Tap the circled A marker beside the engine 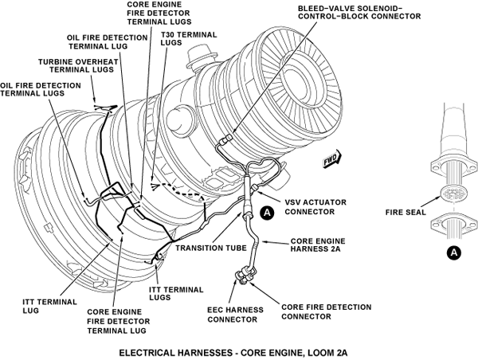point(268,212)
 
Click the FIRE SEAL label point(404,213)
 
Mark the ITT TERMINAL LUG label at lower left point(44,307)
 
